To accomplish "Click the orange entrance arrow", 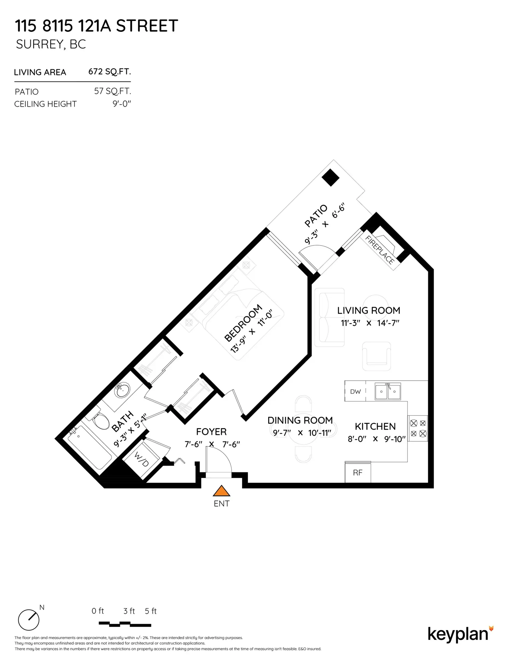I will coord(221,491).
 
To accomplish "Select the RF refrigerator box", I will coord(358,473).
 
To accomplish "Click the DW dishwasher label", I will coord(355,391).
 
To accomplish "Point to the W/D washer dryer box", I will coord(142,459).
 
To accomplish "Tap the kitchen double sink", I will coord(388,391).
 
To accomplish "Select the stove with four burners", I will coord(418,428).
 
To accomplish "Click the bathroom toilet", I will coord(101,421).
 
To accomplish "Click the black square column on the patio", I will coord(330,177).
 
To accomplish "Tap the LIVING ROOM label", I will coord(369,311).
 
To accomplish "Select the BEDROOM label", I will coord(243,323).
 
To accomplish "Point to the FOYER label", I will coord(211,432).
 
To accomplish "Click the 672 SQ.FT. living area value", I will coord(109,72).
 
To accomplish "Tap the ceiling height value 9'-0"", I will coord(121,104).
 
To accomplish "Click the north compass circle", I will coord(29,620).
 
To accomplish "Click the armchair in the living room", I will coord(376,356).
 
